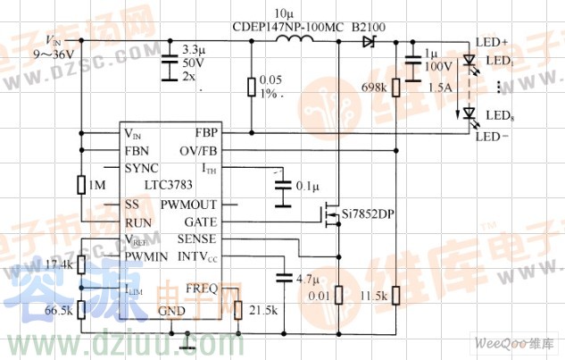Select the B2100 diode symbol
[367, 41]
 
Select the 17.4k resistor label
[59, 265]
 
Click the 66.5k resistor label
[59, 308]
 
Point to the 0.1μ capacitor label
[307, 187]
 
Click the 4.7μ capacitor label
[307, 280]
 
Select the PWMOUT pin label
[188, 205]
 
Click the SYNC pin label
[141, 168]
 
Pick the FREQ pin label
[201, 289]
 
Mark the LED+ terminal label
[492, 42]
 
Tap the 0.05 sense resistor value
[270, 81]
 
